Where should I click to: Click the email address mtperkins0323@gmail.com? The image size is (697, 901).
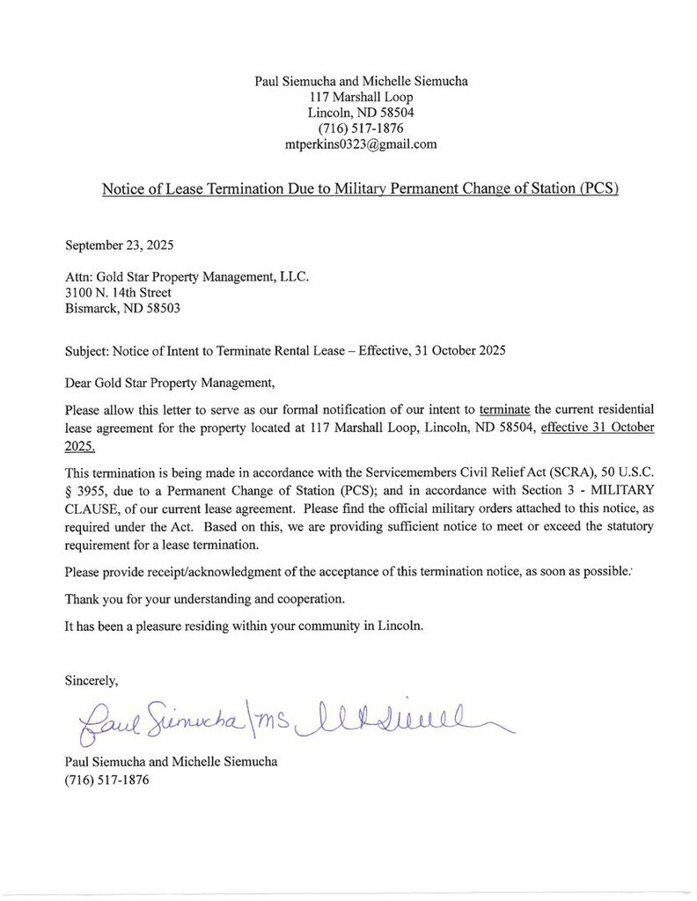click(361, 143)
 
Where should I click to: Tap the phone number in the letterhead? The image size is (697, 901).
click(361, 128)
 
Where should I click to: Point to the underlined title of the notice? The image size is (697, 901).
click(361, 189)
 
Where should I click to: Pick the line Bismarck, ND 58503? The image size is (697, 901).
click(122, 308)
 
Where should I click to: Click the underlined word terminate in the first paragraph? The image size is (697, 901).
click(503, 410)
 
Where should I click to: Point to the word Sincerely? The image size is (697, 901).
click(92, 679)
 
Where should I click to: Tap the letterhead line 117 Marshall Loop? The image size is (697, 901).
click(361, 97)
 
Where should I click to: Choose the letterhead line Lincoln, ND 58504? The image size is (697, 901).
click(361, 113)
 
